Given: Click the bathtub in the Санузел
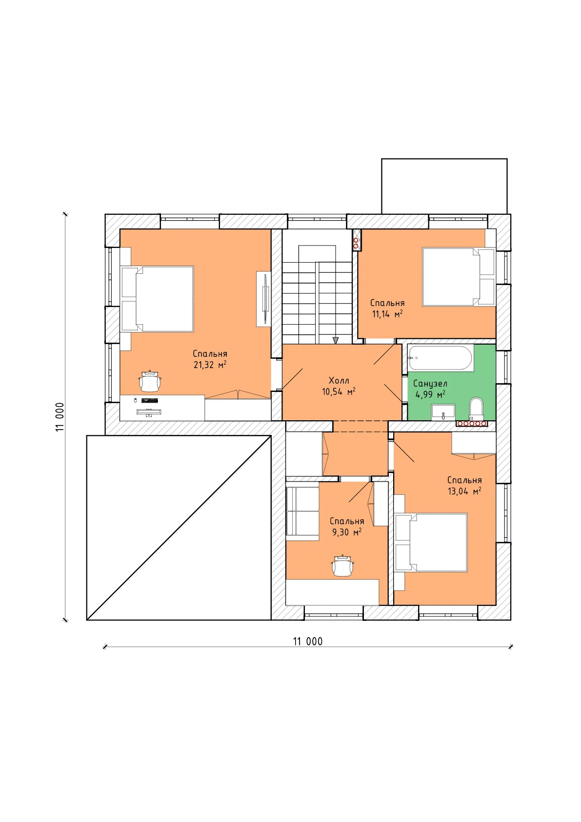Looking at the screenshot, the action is [441, 357].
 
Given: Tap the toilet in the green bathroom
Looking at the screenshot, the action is [476, 409].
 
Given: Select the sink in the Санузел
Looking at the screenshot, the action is [443, 412].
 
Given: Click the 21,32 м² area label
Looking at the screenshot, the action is [210, 365].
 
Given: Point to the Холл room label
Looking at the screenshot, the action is [339, 380].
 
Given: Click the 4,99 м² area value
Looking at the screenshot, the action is [430, 394].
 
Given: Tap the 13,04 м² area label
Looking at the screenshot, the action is [464, 491].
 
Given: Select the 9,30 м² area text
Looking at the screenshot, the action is [347, 532].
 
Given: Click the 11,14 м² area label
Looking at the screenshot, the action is [387, 314].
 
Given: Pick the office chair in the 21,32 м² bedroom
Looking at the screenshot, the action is [150, 381].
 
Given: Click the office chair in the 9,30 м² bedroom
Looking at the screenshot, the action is [342, 566].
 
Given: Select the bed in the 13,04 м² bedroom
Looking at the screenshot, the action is [431, 543].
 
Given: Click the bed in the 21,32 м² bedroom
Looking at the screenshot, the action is [157, 299].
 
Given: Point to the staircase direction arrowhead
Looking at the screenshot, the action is [335, 341].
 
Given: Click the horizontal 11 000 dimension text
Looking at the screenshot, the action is [308, 641].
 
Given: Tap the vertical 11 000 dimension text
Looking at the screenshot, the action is [60, 417].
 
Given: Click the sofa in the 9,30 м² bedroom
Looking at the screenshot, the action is [302, 514].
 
